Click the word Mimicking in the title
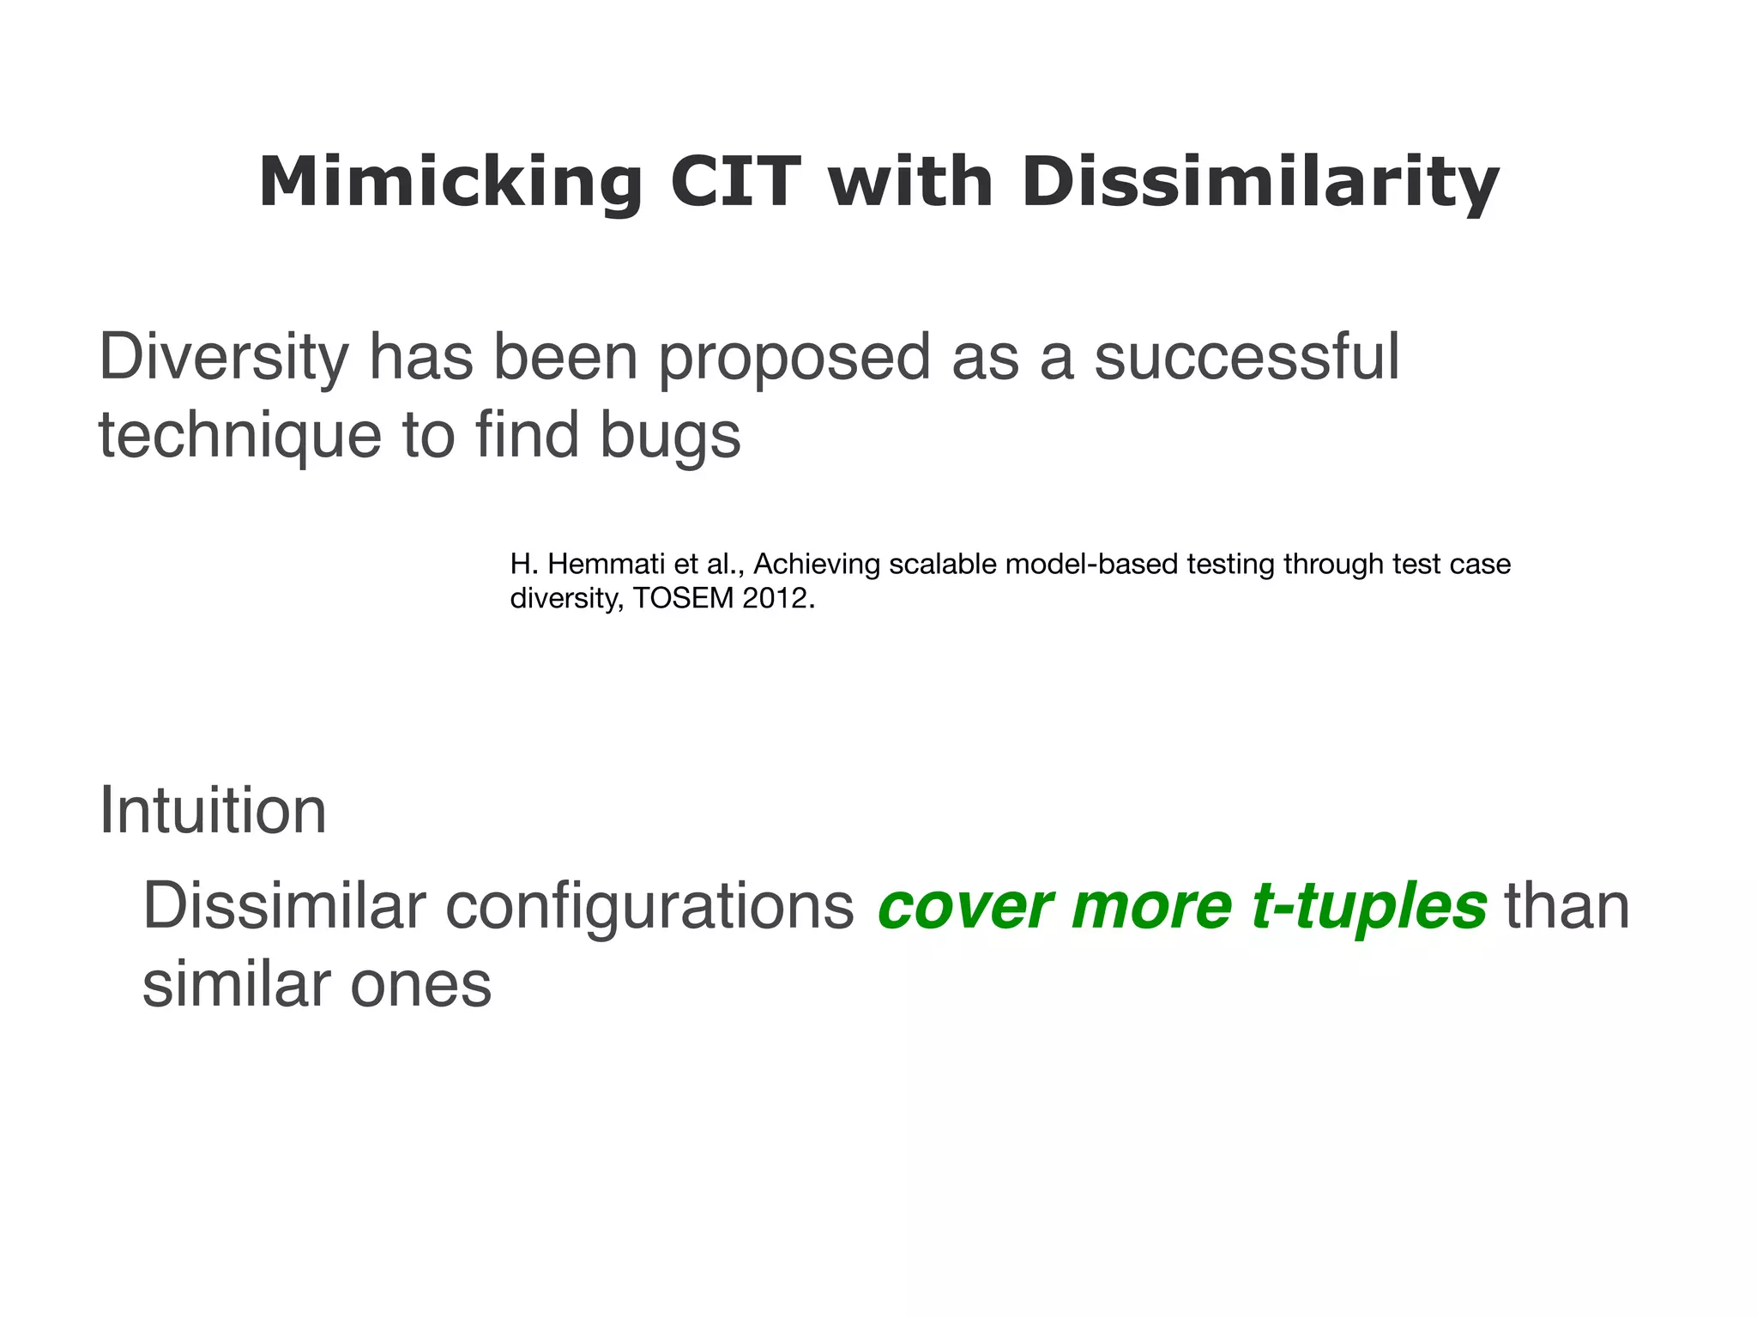click(450, 183)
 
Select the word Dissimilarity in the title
click(1259, 183)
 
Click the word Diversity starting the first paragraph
click(223, 358)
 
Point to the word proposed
click(794, 358)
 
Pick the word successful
click(1246, 358)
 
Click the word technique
click(239, 435)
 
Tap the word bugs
click(669, 435)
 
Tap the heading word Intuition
click(213, 810)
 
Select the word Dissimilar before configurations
click(284, 906)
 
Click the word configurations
click(649, 906)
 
